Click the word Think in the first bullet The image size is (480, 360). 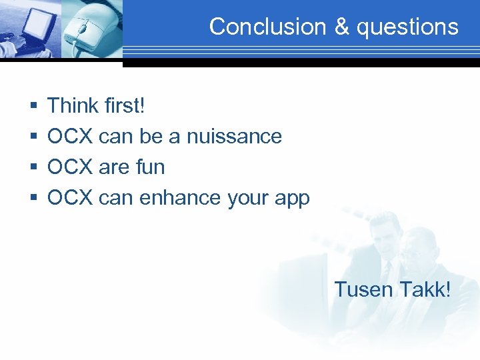73,105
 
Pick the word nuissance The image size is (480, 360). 234,136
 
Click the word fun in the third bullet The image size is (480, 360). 150,167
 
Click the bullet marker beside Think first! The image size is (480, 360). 33,106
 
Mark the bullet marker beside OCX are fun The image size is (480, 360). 33,167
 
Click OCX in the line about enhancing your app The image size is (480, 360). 70,198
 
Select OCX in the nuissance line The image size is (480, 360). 70,136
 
